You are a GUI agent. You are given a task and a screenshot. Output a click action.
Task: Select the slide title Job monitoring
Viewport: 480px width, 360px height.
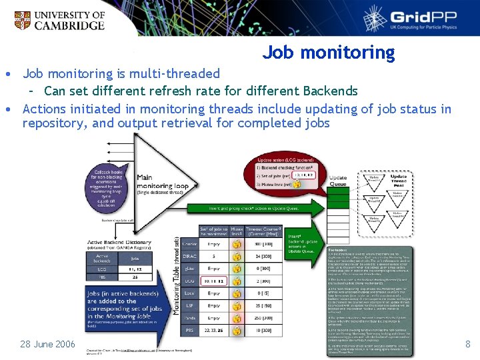(328, 52)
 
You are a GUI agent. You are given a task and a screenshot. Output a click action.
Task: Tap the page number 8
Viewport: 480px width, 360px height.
(467, 344)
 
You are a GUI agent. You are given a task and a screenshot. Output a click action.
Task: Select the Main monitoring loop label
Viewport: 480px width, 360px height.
(163, 184)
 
